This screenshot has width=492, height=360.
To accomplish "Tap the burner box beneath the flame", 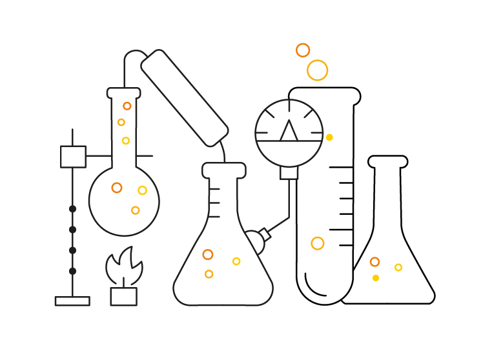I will [123, 297].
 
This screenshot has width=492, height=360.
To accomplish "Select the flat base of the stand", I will [72, 301].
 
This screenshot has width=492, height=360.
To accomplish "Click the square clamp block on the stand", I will [73, 156].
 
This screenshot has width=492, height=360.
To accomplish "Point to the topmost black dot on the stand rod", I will [72, 208].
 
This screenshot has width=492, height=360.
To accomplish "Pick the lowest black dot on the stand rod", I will [72, 271].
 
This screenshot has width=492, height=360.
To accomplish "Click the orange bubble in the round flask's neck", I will [127, 106].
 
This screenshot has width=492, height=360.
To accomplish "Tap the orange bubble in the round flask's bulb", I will [117, 188].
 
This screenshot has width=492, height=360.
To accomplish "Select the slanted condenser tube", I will [185, 97].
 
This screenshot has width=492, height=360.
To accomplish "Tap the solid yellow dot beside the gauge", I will [329, 137].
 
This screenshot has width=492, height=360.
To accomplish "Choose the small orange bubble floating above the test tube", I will [303, 50].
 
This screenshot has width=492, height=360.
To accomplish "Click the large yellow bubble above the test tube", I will [317, 70].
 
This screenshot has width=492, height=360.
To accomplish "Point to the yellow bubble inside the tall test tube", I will [317, 243].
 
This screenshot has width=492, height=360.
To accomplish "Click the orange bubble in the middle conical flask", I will [208, 255].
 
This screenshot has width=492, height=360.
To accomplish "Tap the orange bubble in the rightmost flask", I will [374, 262].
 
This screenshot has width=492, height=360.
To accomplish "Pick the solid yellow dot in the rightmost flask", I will [376, 278].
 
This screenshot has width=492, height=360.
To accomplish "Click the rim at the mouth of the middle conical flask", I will [224, 170].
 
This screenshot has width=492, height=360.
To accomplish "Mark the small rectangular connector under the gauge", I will [289, 173].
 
